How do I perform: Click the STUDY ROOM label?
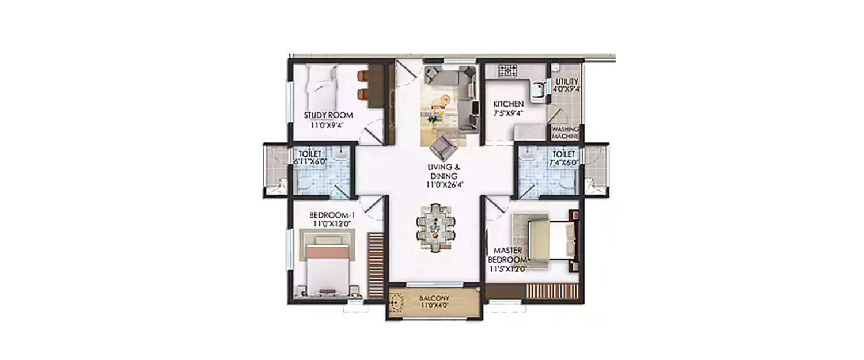coord(328,115)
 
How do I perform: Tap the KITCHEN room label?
coord(508,104)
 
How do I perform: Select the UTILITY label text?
coord(567,82)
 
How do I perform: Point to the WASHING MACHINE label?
coord(565,133)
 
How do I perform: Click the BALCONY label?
coord(434,298)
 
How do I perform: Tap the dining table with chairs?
coord(435,227)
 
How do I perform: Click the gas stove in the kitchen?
coord(508,70)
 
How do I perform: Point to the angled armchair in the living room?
coord(443,147)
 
